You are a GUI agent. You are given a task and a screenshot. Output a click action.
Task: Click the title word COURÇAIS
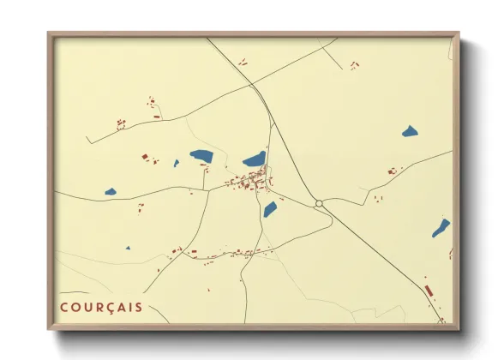pos(101,306)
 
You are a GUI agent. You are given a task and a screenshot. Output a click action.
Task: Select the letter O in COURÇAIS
pos(78,306)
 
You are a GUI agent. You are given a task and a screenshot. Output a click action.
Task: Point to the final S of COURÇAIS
pos(139,306)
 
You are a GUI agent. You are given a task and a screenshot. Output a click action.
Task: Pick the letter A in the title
pos(124,306)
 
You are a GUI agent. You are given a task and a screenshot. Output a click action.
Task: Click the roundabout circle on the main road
pos(319,203)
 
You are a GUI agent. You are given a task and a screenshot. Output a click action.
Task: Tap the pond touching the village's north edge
pos(255,159)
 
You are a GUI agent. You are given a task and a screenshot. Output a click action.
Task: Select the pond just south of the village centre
pos(270,209)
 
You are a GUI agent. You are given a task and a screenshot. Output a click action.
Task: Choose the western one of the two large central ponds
pos(202,156)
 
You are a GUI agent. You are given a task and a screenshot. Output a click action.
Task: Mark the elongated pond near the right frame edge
pos(441,228)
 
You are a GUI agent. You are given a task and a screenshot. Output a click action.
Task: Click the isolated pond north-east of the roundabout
pos(410,132)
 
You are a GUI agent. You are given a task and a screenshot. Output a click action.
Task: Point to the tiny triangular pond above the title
pos(128,249)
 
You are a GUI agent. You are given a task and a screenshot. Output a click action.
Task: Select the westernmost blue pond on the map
pos(111,191)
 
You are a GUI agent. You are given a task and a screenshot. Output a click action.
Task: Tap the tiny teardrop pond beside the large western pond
pos(177,163)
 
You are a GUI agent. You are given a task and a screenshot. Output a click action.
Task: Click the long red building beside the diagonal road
pos(429,291)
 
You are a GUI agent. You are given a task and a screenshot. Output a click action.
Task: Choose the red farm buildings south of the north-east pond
pos(393,171)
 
